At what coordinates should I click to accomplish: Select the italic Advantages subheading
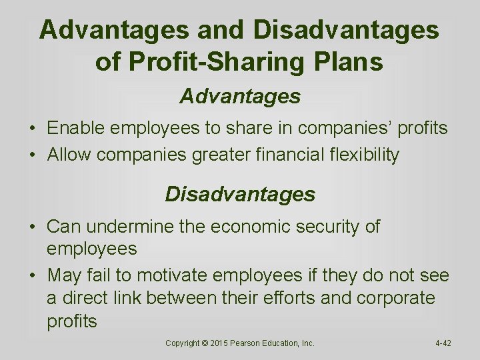pyautogui.click(x=240, y=97)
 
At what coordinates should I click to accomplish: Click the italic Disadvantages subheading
pyautogui.click(x=240, y=194)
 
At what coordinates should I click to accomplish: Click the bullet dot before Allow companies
pyautogui.click(x=33, y=155)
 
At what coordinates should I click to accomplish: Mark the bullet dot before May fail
pyautogui.click(x=33, y=275)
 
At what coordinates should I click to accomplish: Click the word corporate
pyautogui.click(x=395, y=298)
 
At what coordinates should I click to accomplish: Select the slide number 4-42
pyautogui.click(x=443, y=343)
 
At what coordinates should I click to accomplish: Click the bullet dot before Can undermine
pyautogui.click(x=33, y=227)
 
